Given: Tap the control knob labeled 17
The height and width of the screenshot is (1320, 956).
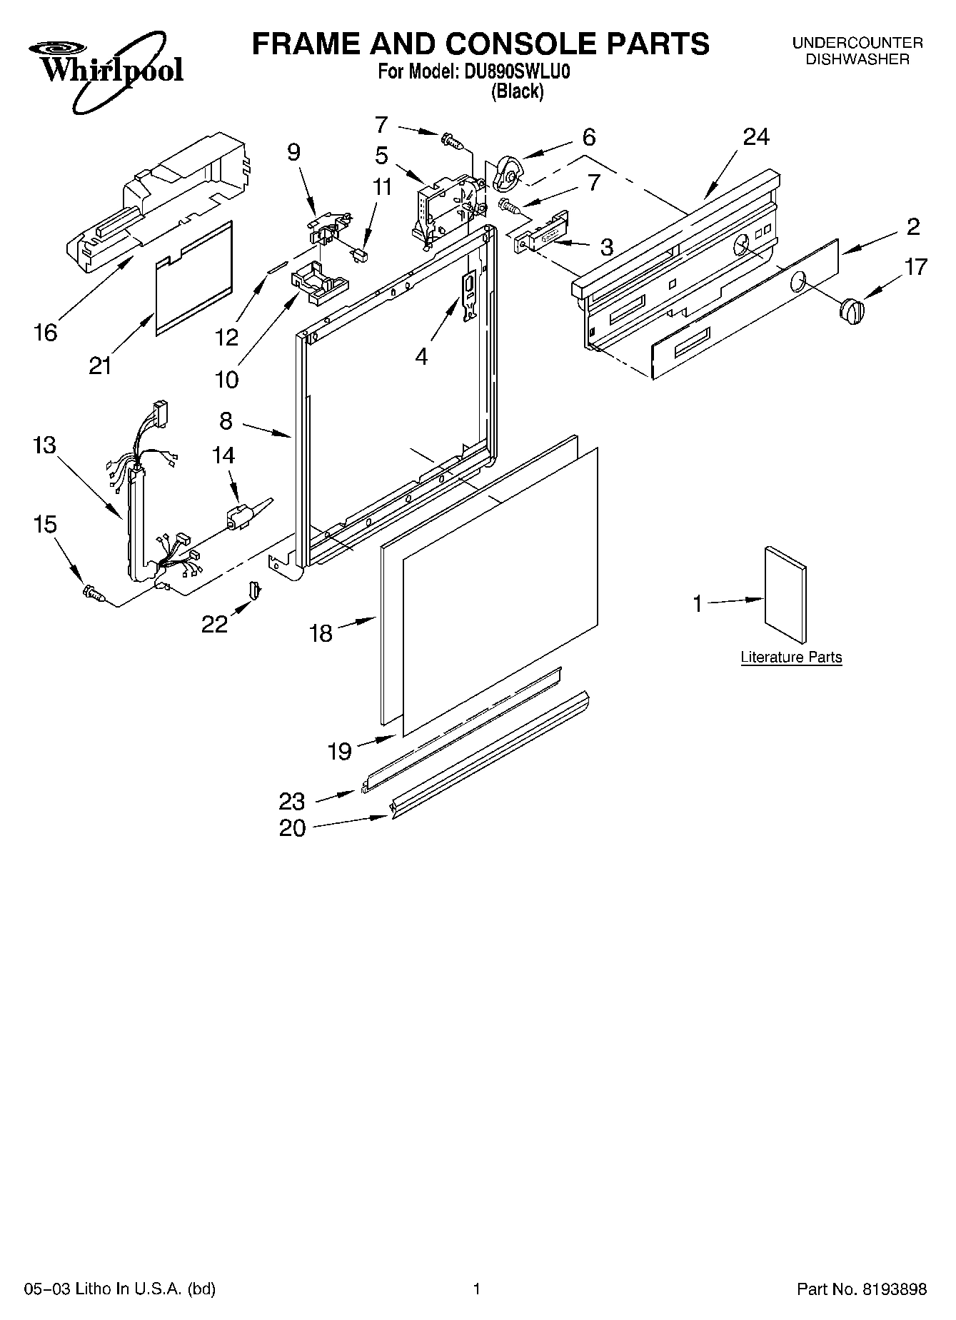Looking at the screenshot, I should coord(850,312).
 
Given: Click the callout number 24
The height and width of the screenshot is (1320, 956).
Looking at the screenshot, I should coord(756,137).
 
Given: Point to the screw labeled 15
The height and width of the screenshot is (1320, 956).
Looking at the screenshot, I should coord(94,592).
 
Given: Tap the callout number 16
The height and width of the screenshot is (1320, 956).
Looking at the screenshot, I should coord(45,333).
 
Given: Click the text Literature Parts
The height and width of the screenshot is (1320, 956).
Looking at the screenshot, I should coord(791,658).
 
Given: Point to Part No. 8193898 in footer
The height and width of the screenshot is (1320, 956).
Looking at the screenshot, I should coord(861,1289).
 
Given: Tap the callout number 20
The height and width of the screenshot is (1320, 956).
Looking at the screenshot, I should coord(293,828).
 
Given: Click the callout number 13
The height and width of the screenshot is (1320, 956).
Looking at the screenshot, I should coord(44,445).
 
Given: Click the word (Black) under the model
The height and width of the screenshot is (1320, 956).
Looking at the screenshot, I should coord(517,91).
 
